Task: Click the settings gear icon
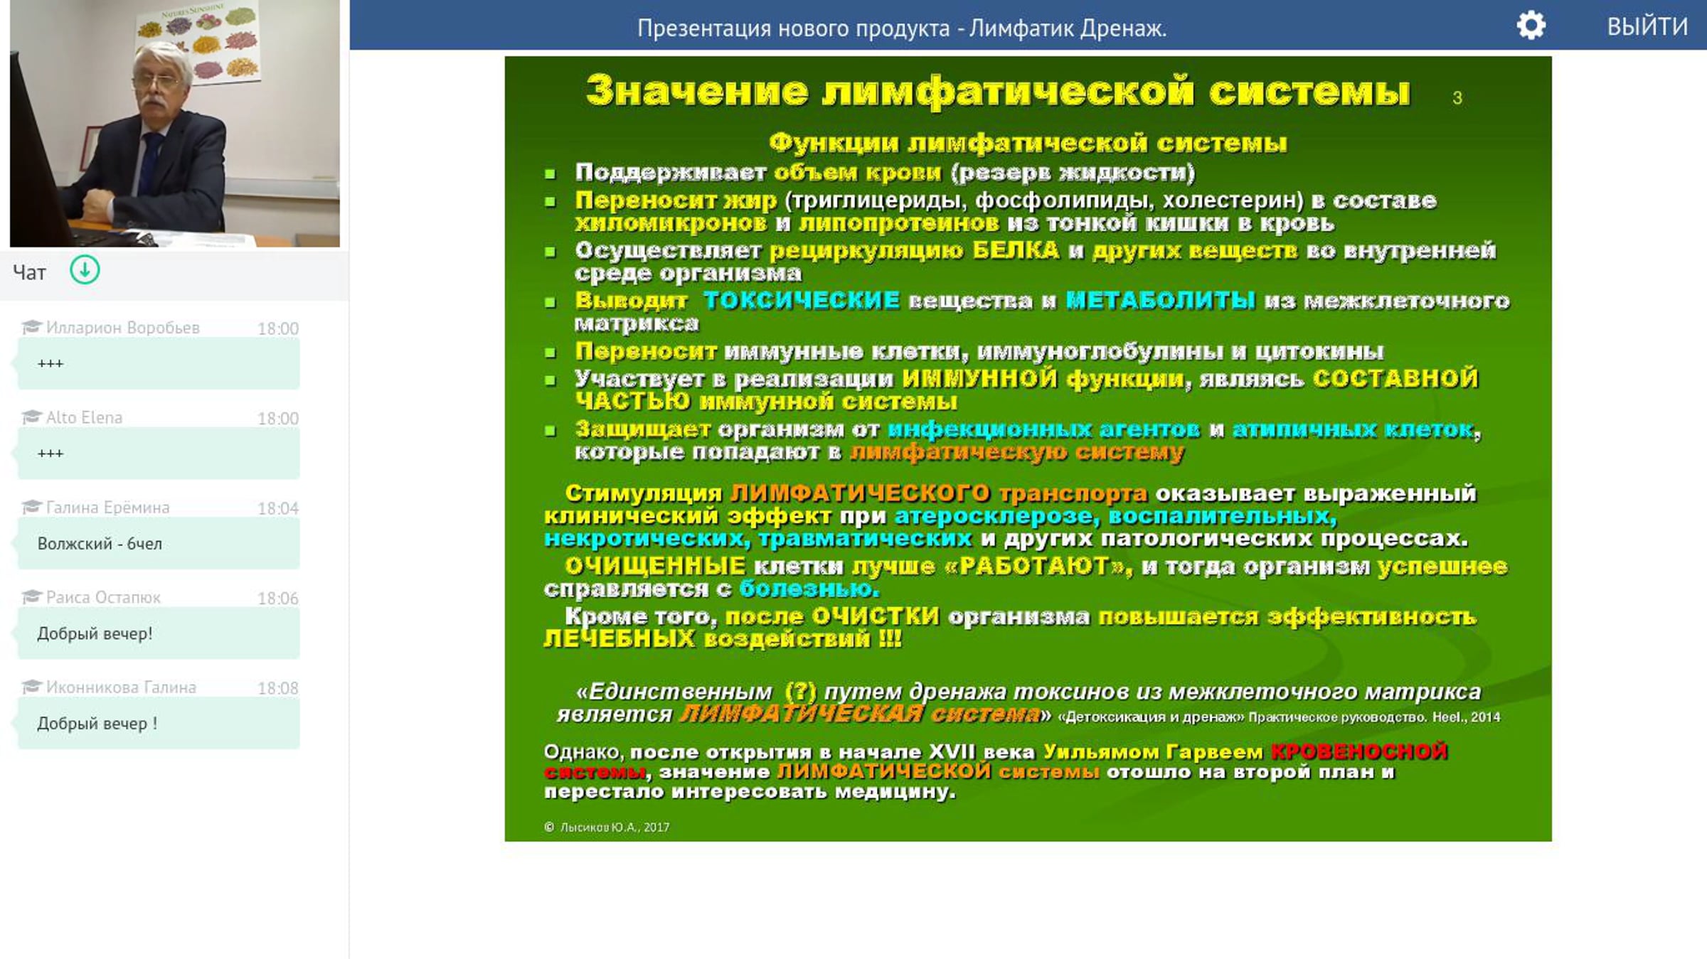(x=1531, y=26)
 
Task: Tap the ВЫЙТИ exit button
(x=1647, y=27)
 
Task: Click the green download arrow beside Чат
(x=85, y=270)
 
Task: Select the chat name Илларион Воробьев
(x=122, y=328)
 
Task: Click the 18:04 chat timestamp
(x=278, y=508)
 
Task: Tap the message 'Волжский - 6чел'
(x=100, y=544)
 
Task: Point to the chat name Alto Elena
(x=84, y=417)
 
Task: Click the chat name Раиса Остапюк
(x=103, y=597)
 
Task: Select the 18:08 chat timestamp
(x=278, y=688)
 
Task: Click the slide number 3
(x=1457, y=98)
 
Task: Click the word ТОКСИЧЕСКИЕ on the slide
(x=802, y=301)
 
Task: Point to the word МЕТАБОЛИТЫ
(x=1160, y=301)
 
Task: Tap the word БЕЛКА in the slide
(x=1016, y=250)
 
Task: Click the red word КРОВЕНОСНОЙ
(x=1358, y=751)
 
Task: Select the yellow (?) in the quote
(x=800, y=691)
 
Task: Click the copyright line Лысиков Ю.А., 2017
(x=607, y=827)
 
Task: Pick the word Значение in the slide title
(x=697, y=91)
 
